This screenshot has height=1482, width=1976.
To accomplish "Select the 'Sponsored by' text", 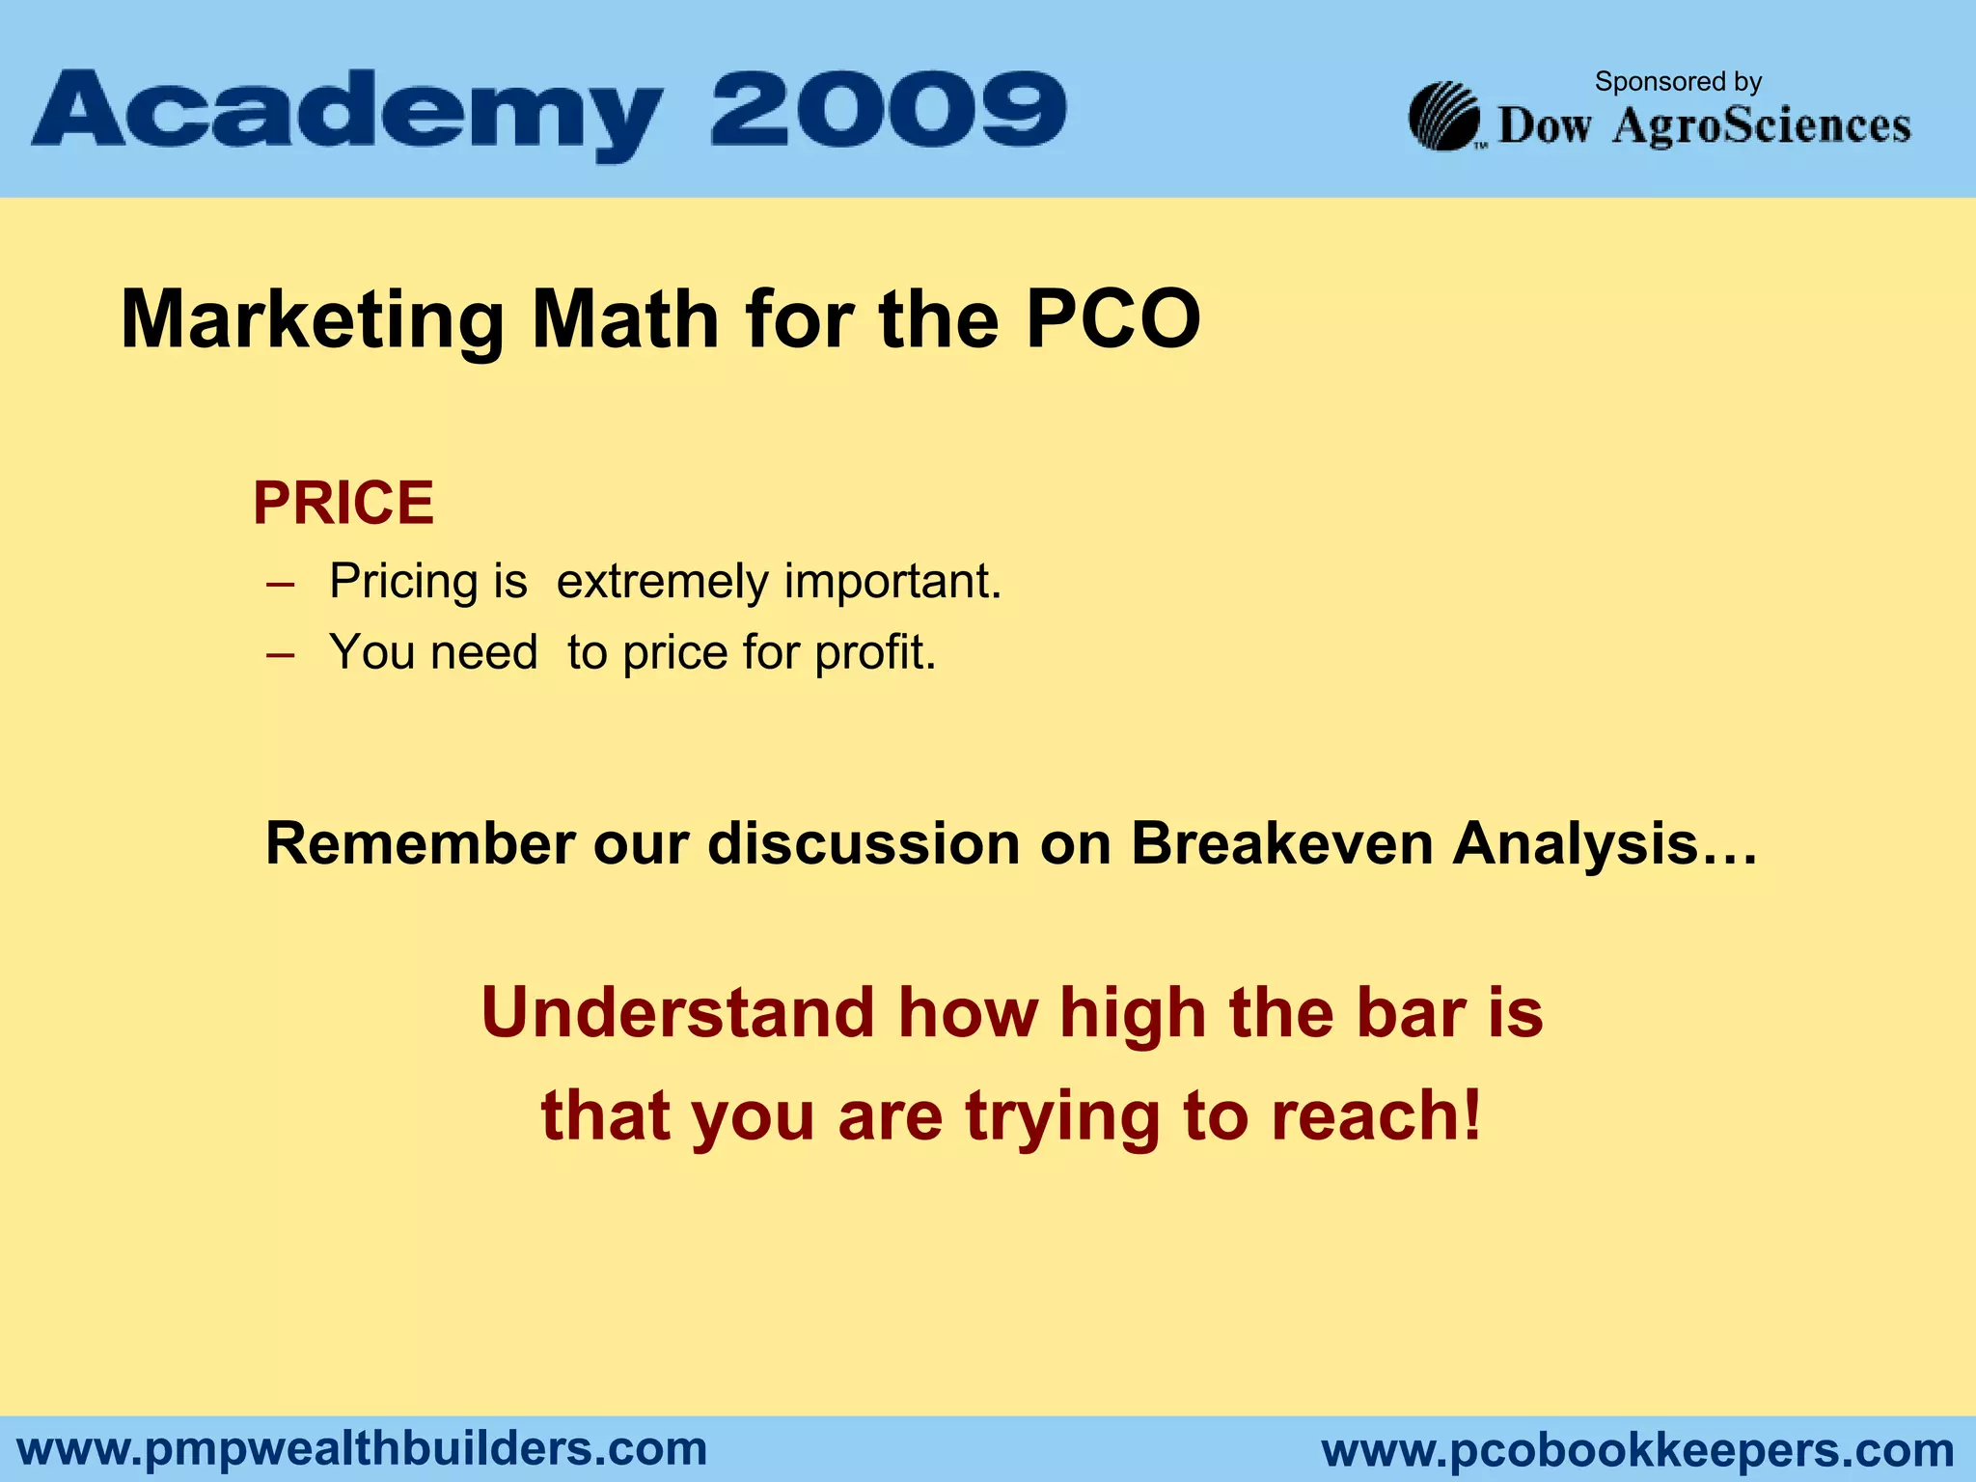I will click(x=1678, y=81).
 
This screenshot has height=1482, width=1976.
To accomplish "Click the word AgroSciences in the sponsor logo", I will click(x=1761, y=126).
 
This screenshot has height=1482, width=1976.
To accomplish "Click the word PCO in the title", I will click(x=1112, y=319).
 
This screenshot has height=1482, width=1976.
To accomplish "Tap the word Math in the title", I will click(x=625, y=319).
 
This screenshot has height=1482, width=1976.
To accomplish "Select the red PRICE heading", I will click(x=343, y=503).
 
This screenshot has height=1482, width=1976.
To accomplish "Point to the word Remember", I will click(x=420, y=843).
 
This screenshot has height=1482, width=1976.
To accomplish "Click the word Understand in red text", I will click(x=676, y=1013).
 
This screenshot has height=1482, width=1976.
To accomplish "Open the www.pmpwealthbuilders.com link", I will click(x=363, y=1449).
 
